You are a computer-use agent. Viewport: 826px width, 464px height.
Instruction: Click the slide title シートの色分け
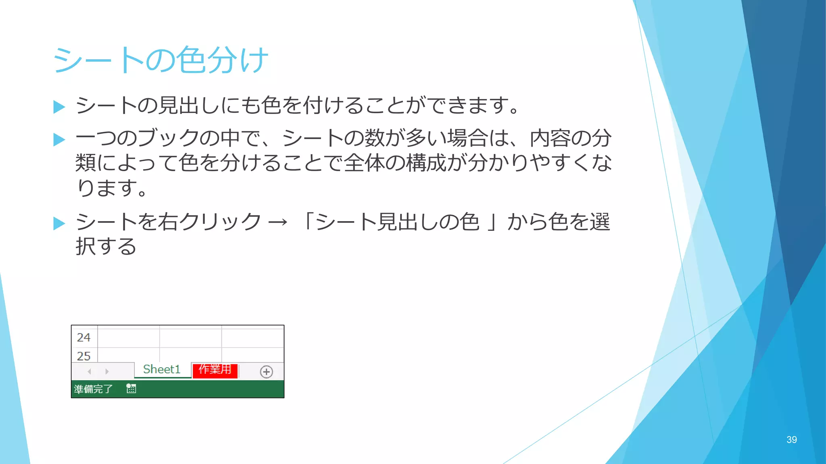[160, 60]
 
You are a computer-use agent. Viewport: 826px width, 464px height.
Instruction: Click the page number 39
[791, 440]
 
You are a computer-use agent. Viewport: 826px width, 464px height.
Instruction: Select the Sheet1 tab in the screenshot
[162, 369]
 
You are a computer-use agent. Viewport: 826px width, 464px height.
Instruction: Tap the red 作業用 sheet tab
[215, 370]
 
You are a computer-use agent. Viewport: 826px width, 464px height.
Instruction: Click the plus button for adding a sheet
[266, 372]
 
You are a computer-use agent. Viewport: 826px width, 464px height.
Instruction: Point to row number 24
[84, 338]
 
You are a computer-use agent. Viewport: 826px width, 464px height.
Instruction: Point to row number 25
[84, 356]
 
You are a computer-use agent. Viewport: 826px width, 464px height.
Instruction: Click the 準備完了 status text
[93, 389]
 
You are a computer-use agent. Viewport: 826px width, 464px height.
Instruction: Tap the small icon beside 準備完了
[131, 389]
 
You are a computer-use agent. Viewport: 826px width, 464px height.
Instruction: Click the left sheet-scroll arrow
[90, 371]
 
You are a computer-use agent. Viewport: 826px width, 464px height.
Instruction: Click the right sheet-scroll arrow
[107, 371]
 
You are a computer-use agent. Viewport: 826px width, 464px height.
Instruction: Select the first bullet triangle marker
[59, 107]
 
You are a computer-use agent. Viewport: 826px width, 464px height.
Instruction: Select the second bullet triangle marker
[59, 139]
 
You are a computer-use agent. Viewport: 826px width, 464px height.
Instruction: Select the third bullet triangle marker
[59, 223]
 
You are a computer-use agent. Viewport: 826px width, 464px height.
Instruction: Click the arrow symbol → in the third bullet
[278, 222]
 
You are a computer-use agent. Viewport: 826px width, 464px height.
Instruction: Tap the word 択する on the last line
[106, 246]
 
